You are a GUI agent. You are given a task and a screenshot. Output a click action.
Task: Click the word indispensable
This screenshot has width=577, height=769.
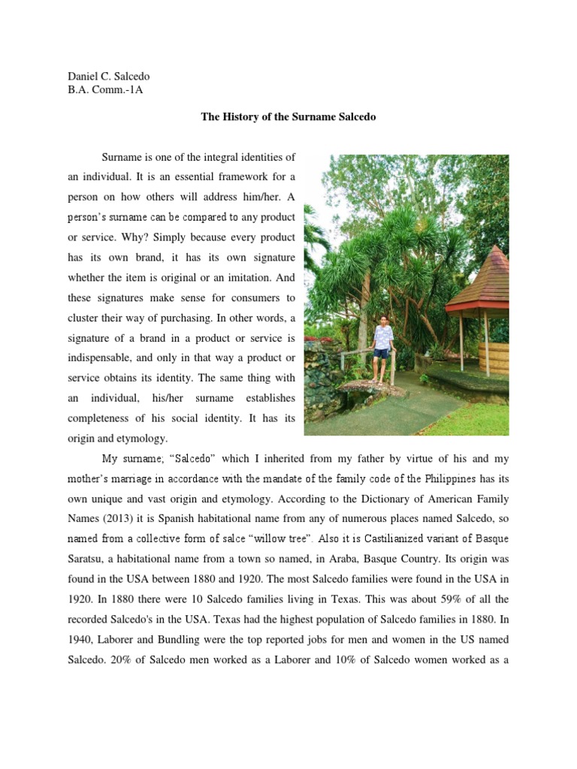(x=106, y=357)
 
